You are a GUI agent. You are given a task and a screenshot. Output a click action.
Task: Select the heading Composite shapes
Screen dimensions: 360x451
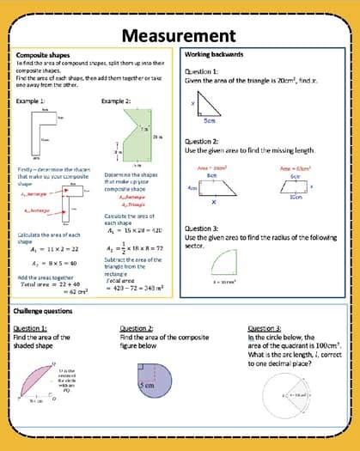(x=42, y=54)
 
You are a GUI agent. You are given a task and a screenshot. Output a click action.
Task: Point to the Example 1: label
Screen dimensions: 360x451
(x=30, y=101)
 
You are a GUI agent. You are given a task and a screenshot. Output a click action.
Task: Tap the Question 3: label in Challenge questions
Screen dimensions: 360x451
(x=262, y=328)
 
